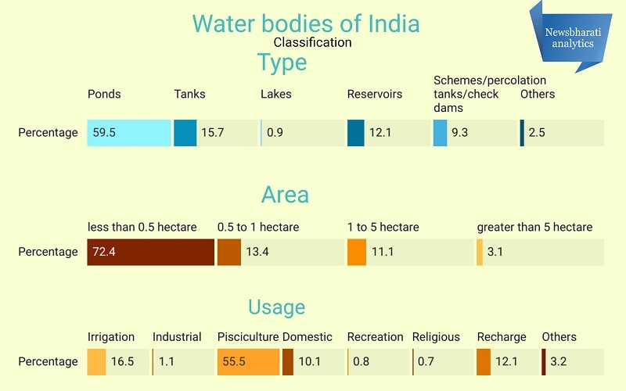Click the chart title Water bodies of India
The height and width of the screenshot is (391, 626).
point(306,23)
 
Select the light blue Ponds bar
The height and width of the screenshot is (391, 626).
point(129,133)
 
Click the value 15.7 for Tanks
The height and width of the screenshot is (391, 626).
point(212,133)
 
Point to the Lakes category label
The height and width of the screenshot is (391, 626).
point(275,94)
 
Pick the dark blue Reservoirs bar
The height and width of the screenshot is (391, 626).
point(356,133)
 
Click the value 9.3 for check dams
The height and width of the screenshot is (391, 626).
point(459,133)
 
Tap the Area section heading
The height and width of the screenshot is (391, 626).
point(285,194)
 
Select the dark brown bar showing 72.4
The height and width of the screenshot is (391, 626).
point(150,252)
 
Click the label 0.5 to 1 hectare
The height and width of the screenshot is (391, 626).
point(258,227)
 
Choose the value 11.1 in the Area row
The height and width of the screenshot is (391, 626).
point(383,252)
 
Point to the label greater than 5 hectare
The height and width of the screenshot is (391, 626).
point(534,227)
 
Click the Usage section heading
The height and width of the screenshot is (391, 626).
point(276,307)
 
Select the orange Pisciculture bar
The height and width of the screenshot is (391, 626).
point(248,361)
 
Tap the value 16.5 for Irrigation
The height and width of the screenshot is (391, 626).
point(124,361)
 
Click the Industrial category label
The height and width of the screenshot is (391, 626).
point(177,337)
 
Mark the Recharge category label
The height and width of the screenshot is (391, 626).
point(502,337)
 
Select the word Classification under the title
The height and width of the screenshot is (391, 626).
point(312,42)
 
